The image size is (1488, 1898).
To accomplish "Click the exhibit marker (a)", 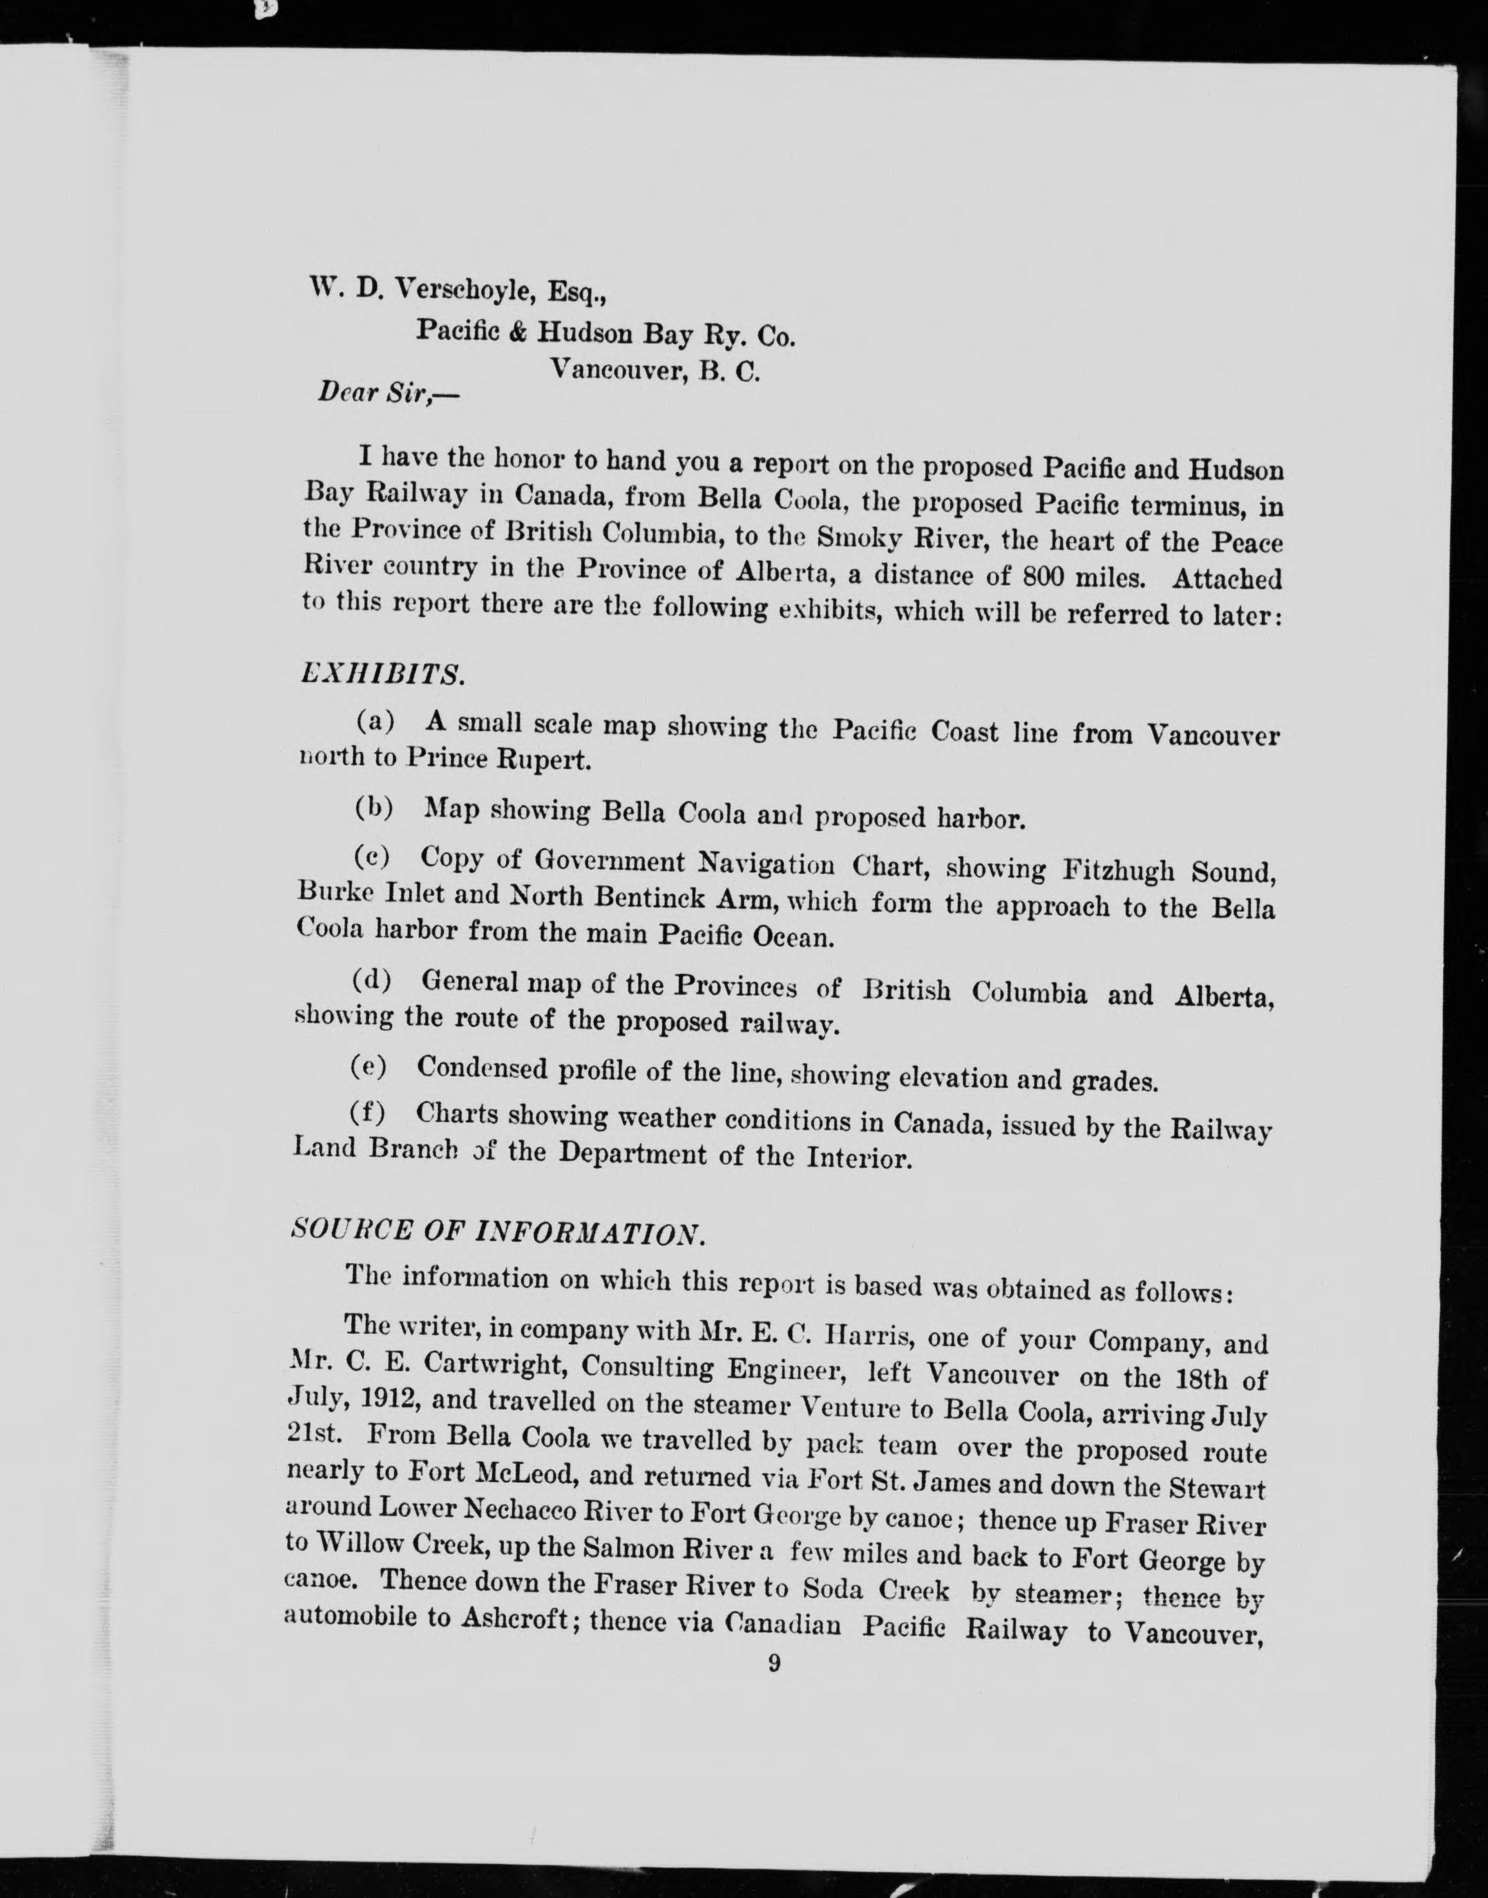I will [x=376, y=722].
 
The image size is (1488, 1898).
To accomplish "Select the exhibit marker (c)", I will [x=373, y=857].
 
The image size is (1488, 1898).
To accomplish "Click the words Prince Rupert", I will [x=499, y=759].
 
